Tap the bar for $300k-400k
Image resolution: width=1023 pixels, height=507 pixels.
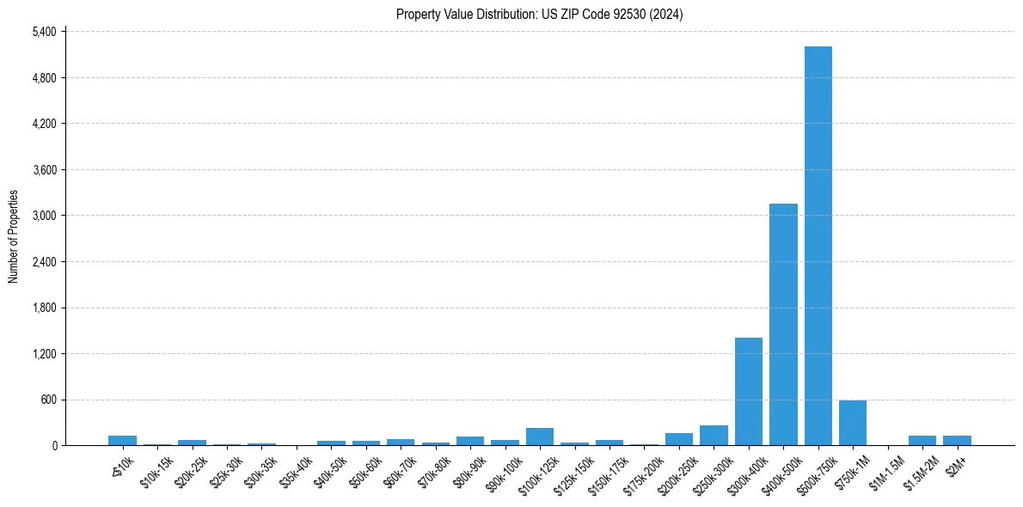tap(749, 392)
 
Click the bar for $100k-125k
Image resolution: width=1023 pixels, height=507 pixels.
tap(540, 437)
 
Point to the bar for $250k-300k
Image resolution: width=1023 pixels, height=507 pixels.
tap(714, 436)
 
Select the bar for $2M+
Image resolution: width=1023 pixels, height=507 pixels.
tap(957, 440)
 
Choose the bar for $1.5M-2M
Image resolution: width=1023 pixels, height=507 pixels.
tap(922, 440)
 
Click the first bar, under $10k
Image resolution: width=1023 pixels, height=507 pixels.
tap(123, 440)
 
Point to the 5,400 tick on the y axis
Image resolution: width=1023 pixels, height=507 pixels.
tap(44, 32)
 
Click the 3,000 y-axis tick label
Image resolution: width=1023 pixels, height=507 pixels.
tap(44, 216)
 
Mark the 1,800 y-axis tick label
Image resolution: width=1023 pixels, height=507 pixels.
tap(44, 308)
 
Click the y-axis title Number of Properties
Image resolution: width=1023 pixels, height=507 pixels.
tap(13, 235)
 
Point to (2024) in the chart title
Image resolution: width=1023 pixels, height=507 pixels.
tap(668, 14)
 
